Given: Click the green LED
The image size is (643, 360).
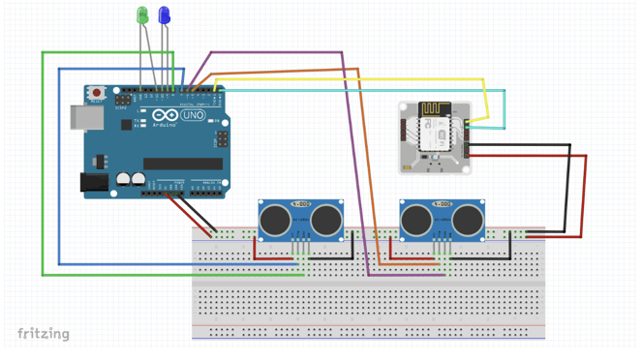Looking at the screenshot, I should pos(142,15).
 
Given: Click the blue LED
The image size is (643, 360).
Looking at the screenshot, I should pos(165,15).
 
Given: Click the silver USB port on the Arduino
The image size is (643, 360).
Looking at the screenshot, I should pos(86,118).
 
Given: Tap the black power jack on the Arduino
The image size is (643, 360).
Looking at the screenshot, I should pos(94,181).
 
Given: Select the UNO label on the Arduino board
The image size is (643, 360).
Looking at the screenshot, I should pos(194,116).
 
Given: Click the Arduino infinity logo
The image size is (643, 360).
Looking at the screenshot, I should pos(165,116).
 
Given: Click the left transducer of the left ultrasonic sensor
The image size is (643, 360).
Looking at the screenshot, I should pos(276,221).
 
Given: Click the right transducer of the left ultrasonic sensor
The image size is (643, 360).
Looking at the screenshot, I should pos(326,221).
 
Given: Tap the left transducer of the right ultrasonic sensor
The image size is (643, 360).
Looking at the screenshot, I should pos(416,221).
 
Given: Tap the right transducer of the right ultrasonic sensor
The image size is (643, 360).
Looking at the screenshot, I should pos(468,221).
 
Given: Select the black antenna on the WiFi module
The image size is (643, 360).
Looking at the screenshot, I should pos(431,109).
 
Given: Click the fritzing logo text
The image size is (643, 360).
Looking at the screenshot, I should pos(44,334).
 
